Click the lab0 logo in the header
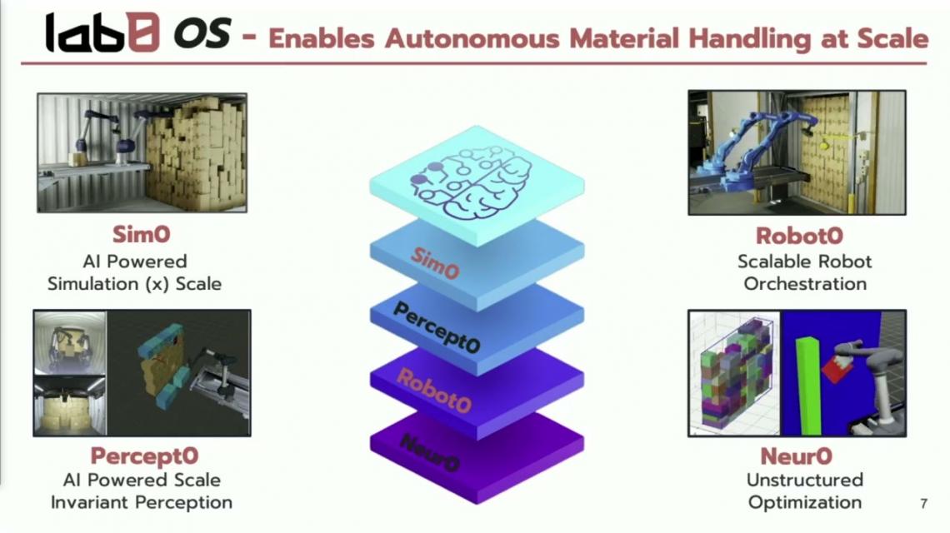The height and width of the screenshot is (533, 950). click(x=102, y=32)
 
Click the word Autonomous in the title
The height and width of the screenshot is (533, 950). click(x=472, y=39)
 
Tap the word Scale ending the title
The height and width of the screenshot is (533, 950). click(x=892, y=38)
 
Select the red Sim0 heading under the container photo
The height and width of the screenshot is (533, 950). click(x=141, y=234)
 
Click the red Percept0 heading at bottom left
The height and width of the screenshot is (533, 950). click(x=144, y=456)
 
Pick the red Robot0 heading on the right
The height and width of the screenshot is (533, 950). click(x=799, y=236)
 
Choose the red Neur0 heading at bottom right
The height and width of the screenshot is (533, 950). click(x=796, y=456)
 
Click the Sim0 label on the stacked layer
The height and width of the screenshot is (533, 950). click(x=435, y=263)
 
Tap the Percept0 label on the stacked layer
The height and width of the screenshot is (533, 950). click(x=436, y=327)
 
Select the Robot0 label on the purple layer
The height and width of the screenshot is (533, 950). click(x=434, y=391)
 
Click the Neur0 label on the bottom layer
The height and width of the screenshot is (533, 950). click(x=429, y=452)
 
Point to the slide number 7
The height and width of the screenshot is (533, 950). click(x=923, y=503)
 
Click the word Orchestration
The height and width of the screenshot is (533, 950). click(x=805, y=284)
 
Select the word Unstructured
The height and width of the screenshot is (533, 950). click(x=805, y=480)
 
